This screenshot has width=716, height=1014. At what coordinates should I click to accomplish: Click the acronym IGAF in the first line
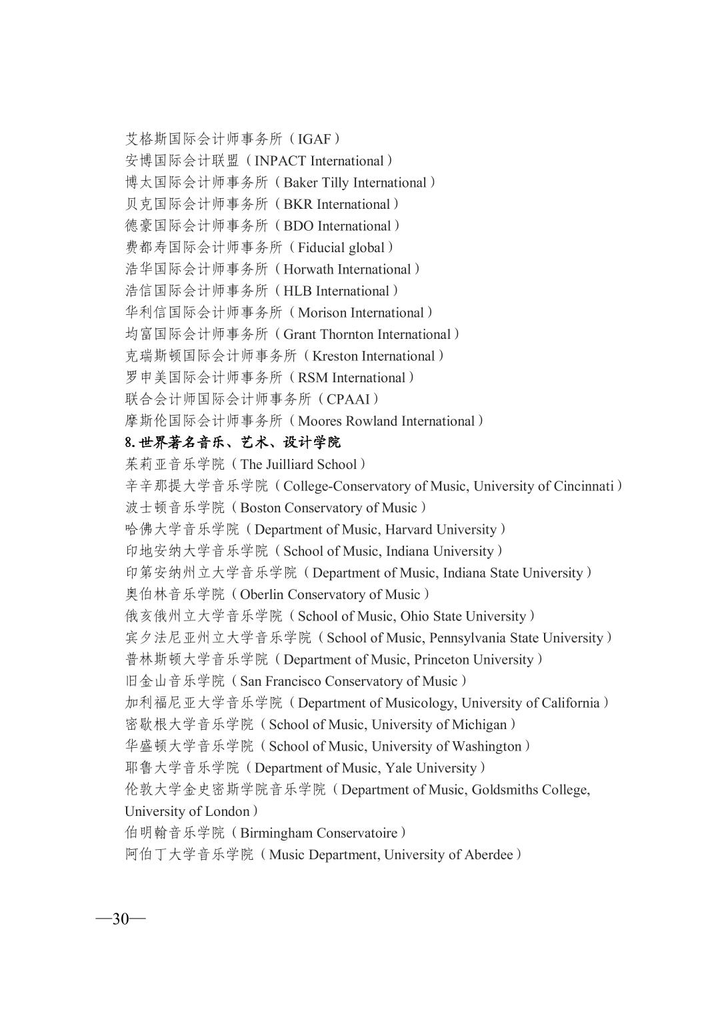point(315,139)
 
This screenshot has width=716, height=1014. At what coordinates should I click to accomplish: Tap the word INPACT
point(280,161)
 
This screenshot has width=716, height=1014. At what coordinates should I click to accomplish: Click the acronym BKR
point(298,204)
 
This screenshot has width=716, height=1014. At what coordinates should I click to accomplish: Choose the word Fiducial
point(323,247)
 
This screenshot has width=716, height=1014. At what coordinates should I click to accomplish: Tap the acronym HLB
point(297,291)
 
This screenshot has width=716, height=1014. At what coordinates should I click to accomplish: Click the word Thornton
point(347,334)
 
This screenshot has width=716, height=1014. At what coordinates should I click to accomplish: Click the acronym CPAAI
point(348,399)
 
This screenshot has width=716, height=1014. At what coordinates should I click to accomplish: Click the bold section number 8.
point(129,442)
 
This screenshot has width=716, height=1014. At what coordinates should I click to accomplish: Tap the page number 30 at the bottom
point(121,919)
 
